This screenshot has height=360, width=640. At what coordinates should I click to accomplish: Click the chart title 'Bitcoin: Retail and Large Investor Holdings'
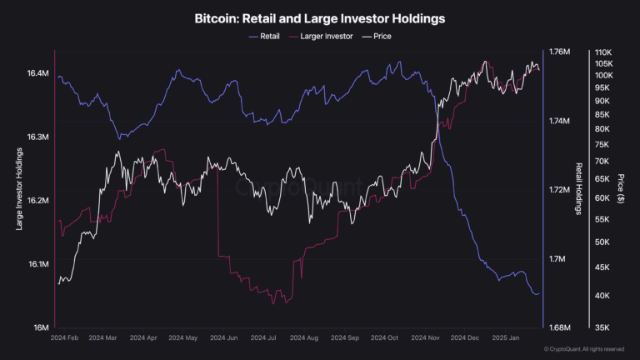[x=320, y=17]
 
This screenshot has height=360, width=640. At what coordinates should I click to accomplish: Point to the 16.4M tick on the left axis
[x=38, y=73]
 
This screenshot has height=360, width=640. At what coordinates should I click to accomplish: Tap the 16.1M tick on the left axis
[x=38, y=264]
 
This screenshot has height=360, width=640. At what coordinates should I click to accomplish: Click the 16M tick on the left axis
[x=42, y=327]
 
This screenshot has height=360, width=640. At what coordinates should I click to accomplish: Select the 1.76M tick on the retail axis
[x=560, y=52]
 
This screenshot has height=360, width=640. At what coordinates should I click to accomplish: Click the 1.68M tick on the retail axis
[x=560, y=327]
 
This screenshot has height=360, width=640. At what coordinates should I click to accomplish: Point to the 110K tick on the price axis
[x=602, y=52]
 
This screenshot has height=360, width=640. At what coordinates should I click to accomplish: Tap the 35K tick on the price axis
[x=604, y=327]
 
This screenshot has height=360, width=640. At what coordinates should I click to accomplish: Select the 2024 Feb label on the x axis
[x=65, y=339]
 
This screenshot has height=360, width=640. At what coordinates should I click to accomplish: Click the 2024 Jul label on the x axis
[x=266, y=339]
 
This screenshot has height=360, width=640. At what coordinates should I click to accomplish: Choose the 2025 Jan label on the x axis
[x=506, y=339]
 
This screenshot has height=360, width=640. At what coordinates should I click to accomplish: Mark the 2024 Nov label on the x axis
[x=426, y=339]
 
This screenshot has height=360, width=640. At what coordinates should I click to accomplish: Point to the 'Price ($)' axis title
[x=621, y=189]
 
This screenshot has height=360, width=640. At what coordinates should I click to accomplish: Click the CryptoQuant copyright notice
[x=583, y=349]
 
